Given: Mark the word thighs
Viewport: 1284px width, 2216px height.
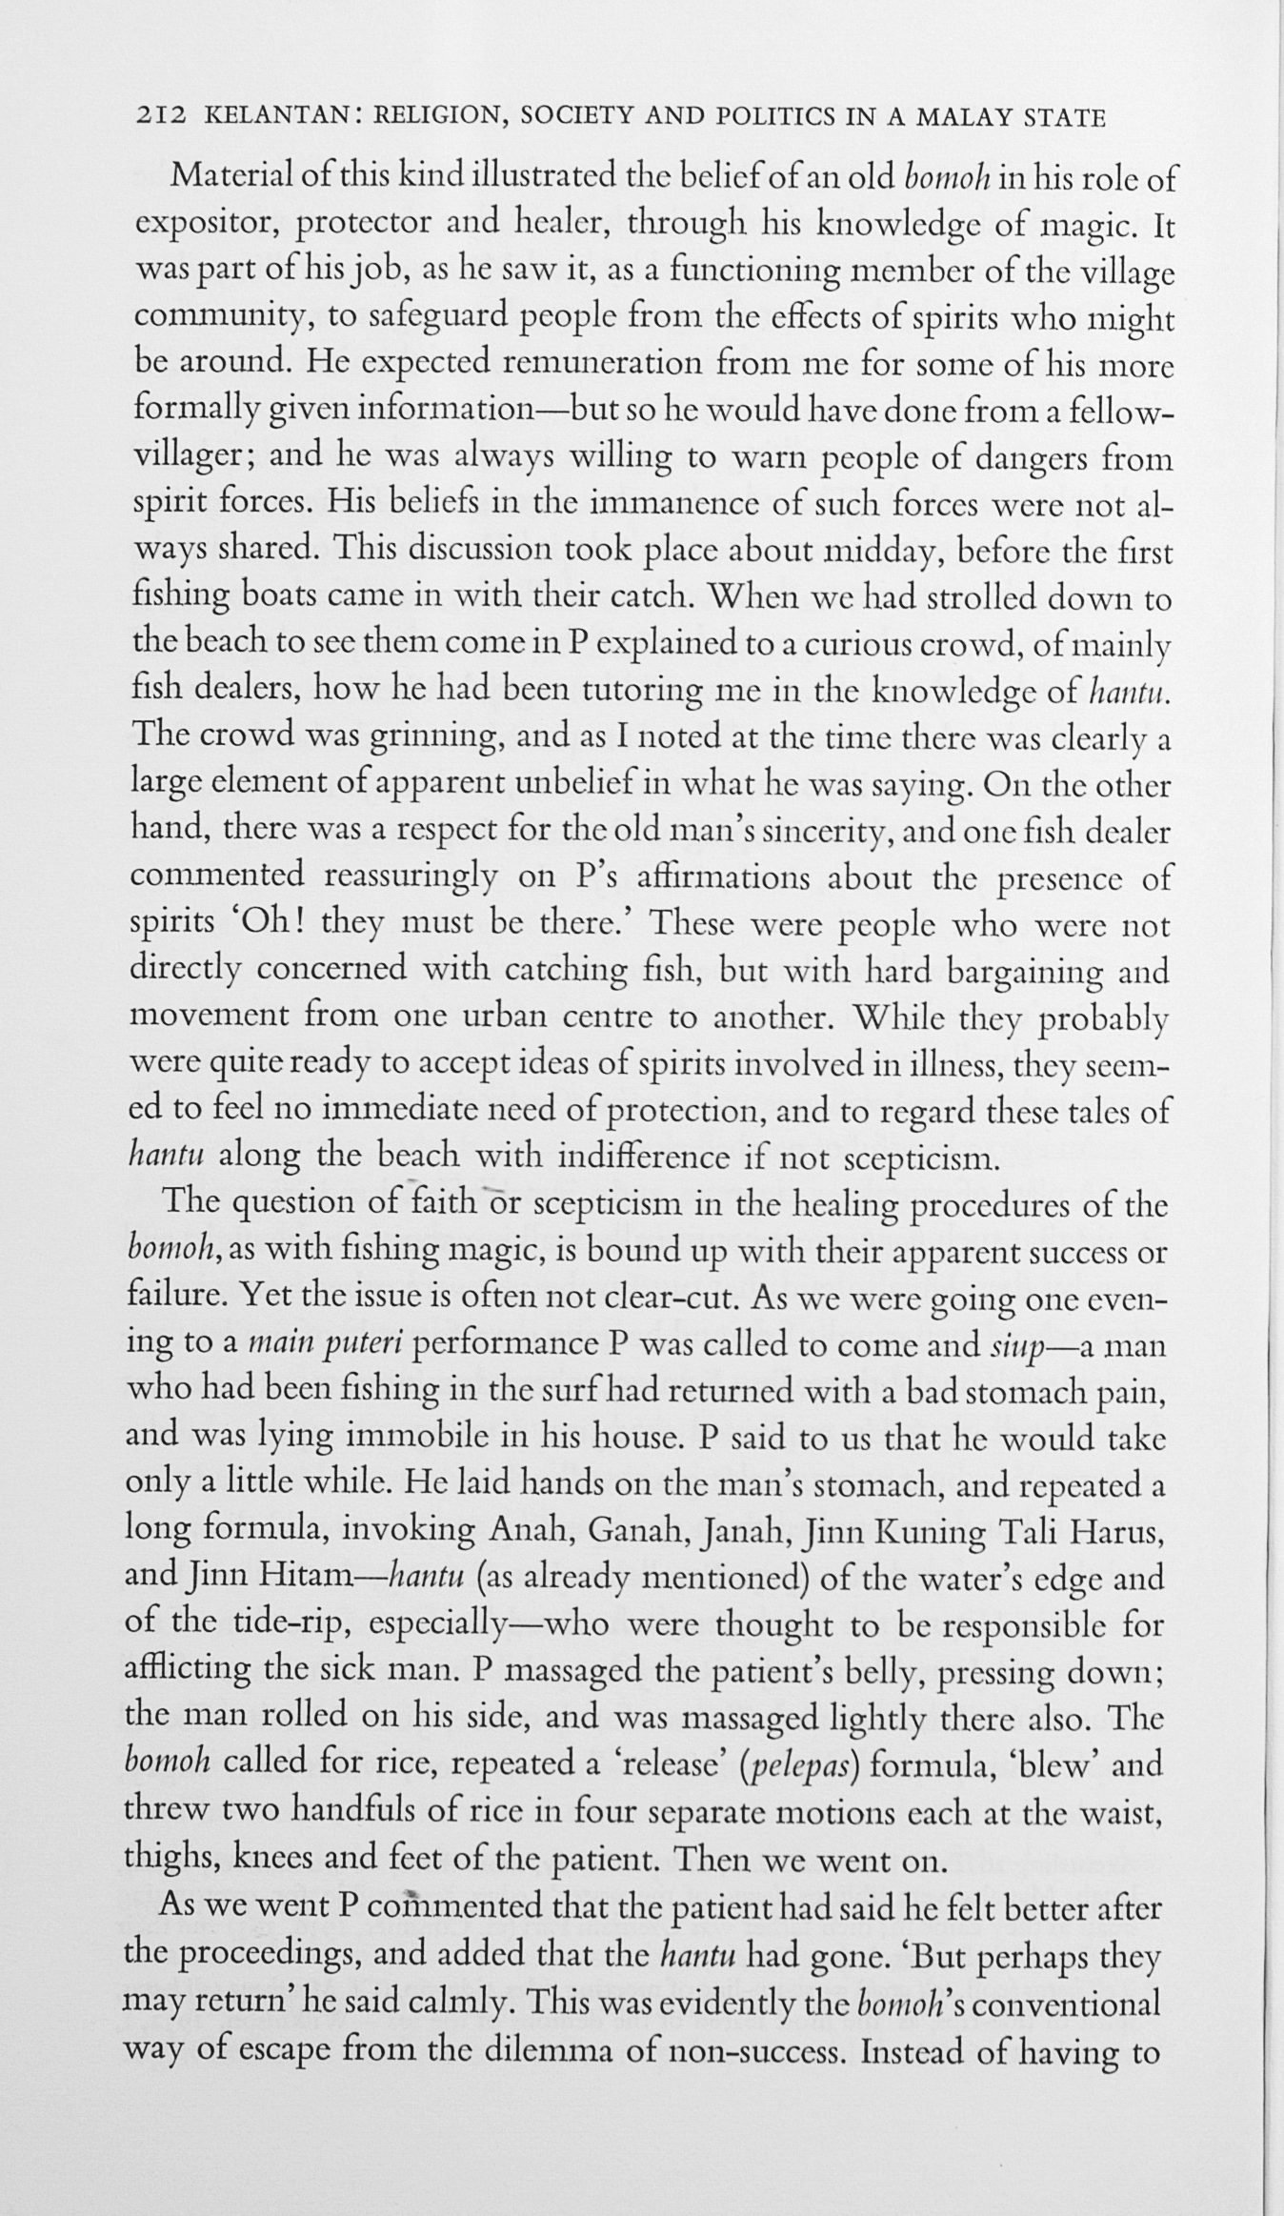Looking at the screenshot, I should [170, 1860].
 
